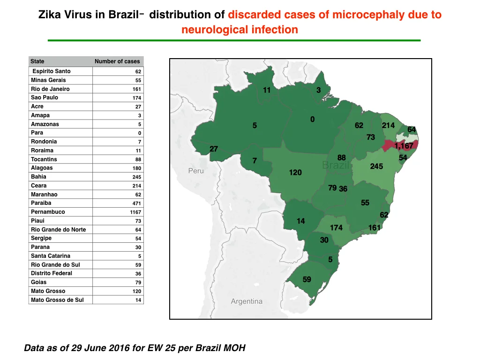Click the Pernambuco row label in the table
point(48,212)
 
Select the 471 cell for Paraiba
point(136,203)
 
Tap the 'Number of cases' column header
point(117,61)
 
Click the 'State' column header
point(37,61)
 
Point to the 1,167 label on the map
point(404,146)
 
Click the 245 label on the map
point(376,166)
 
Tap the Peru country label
point(196,171)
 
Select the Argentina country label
point(247,301)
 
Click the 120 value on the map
point(295,172)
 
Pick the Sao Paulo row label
point(45,97)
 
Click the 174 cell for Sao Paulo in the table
point(136,98)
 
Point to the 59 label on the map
point(307,279)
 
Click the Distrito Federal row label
point(52,273)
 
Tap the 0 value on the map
point(312,120)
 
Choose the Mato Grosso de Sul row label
point(57,300)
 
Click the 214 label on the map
point(388,125)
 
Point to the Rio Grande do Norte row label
point(59,230)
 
